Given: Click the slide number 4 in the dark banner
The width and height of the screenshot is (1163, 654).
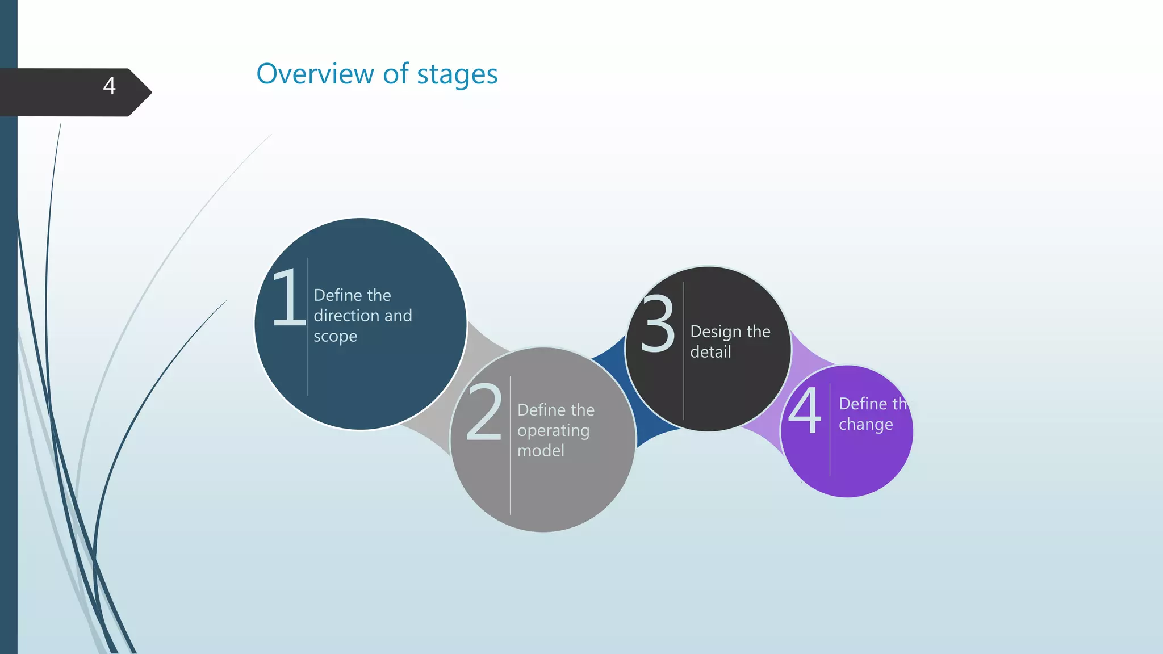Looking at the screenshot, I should pyautogui.click(x=110, y=86).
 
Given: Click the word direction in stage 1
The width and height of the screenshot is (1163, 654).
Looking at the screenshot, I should pyautogui.click(x=347, y=316).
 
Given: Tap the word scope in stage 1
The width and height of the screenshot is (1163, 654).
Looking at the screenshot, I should pyautogui.click(x=335, y=337).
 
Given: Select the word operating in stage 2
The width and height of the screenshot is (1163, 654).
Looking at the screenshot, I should pyautogui.click(x=553, y=431).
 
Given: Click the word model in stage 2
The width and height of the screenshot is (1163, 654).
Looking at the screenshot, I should pyautogui.click(x=541, y=451).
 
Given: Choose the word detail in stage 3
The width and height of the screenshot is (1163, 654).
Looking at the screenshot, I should pyautogui.click(x=710, y=352).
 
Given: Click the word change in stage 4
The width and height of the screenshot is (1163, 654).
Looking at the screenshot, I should pyautogui.click(x=865, y=425).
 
